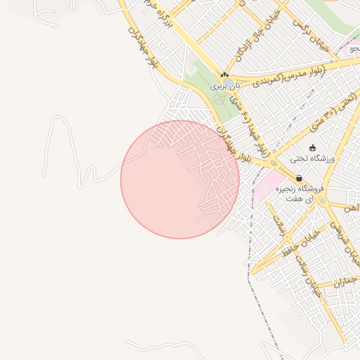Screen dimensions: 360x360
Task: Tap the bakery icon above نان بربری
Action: [224, 75]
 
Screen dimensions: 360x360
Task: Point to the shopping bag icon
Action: [299, 179]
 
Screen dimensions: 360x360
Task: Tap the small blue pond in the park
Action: [231, 84]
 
